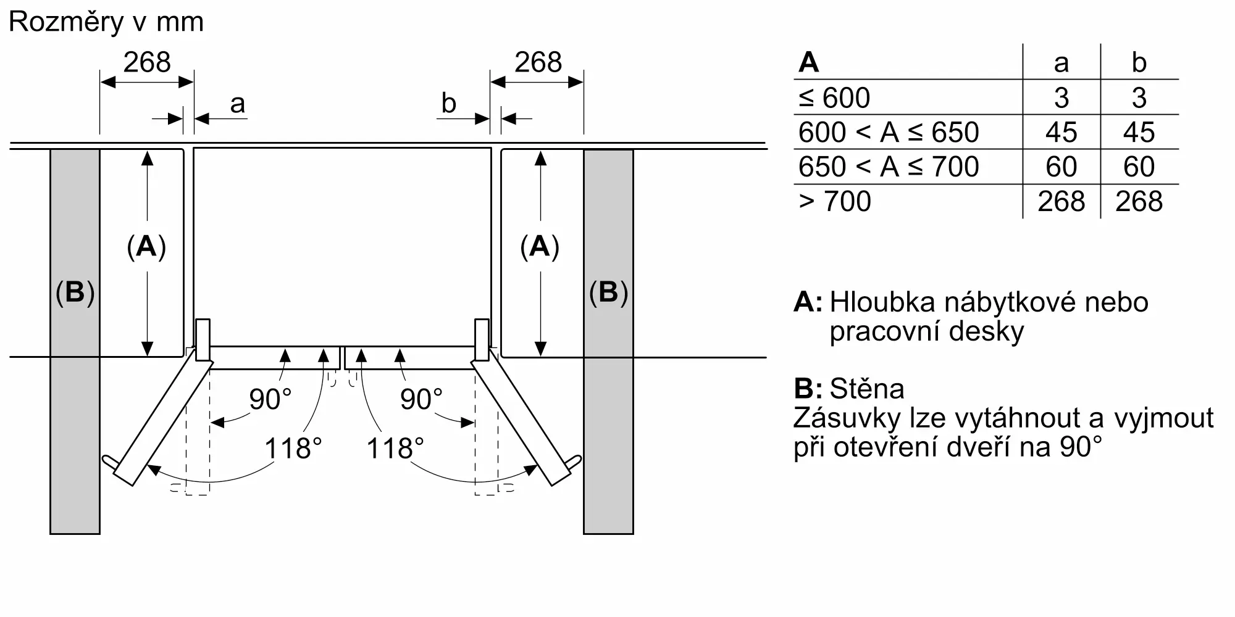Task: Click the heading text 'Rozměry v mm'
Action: pos(106,22)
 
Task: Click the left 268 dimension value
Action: pos(147,62)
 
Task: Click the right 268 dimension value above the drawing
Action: pos(538,62)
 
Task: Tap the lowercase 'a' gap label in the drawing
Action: pos(237,104)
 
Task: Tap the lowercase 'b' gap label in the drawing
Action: pos(449,102)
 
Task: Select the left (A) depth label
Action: pos(146,247)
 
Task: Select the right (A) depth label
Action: pos(540,247)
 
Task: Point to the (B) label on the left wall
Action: pos(75,292)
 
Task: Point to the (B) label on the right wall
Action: pos(608,292)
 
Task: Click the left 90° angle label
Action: pos(270,399)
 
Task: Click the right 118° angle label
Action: pos(395,448)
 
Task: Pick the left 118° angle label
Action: pos(293,448)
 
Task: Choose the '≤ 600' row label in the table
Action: pos(834,97)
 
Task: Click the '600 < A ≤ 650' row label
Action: pos(889,132)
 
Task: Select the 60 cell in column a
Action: pos(1061,167)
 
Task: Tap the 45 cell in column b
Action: pos(1139,132)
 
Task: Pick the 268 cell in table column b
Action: pos(1139,201)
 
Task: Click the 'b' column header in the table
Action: pos(1139,62)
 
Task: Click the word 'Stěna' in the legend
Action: pos(867,389)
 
